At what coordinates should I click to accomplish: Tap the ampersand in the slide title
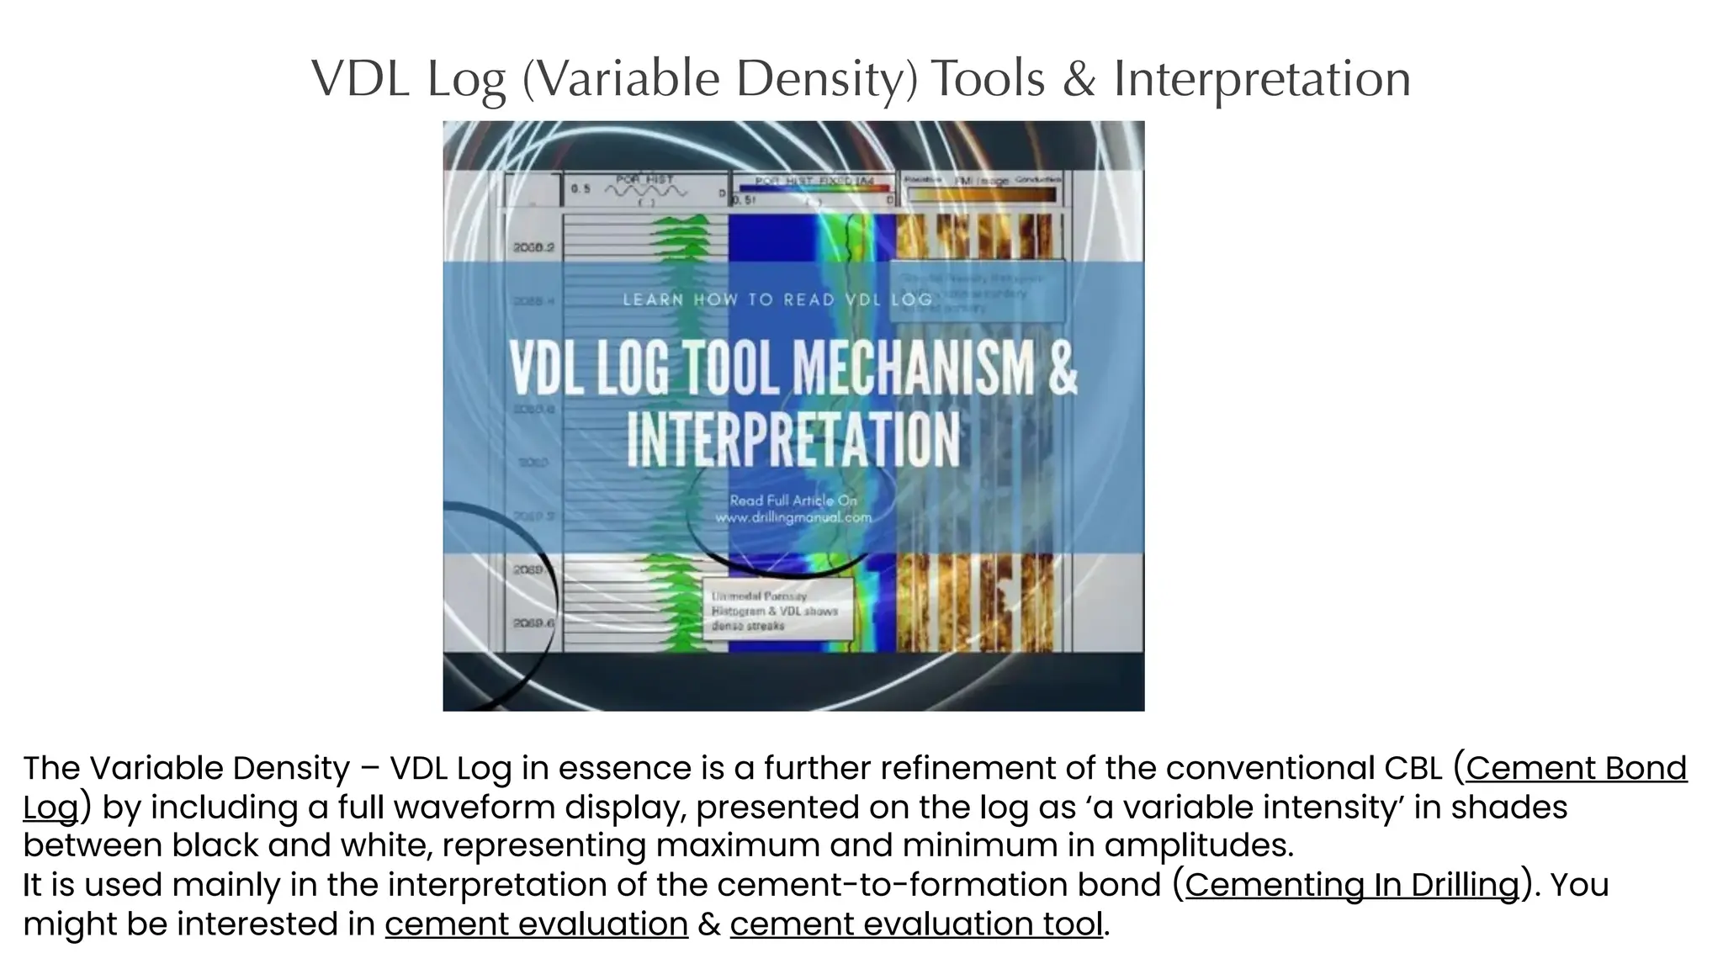(x=1079, y=80)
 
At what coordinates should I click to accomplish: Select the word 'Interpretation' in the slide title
(x=1262, y=80)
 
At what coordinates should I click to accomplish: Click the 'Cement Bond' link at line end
(x=1576, y=768)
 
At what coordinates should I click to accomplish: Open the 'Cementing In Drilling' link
(x=1352, y=885)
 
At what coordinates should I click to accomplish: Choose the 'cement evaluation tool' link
(x=915, y=924)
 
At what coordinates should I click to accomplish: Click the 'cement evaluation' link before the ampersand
(x=536, y=924)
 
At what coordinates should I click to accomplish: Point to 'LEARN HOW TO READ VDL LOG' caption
(x=777, y=300)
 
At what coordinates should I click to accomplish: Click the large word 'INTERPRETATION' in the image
(x=793, y=439)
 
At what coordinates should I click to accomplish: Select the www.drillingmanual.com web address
(x=793, y=518)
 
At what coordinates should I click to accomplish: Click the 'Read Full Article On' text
(x=793, y=500)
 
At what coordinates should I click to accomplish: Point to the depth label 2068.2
(x=533, y=248)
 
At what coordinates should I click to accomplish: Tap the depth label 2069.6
(x=533, y=623)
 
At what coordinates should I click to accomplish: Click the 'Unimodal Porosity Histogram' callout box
(x=777, y=611)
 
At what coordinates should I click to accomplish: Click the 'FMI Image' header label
(x=981, y=181)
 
